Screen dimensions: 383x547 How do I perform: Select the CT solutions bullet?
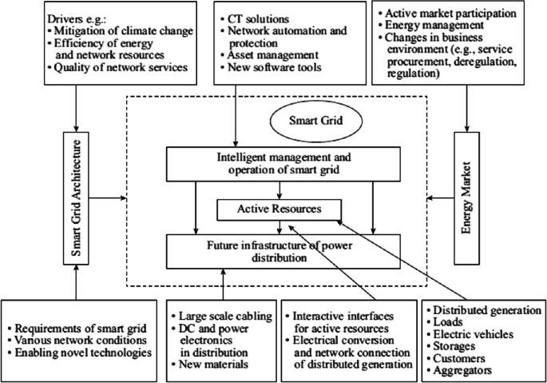coord(256,18)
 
